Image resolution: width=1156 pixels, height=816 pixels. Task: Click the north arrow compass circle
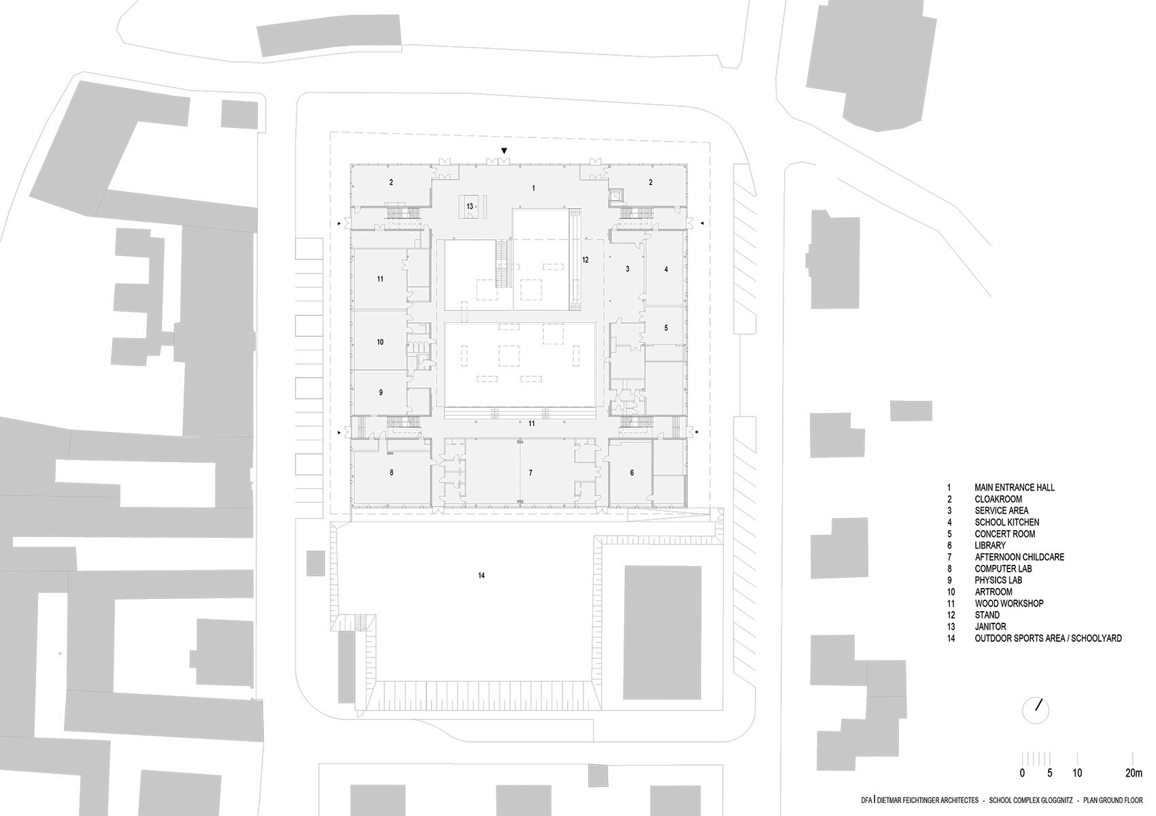1035,711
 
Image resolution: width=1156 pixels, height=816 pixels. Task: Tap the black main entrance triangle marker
504,150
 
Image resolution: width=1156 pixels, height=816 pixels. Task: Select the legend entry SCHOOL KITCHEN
1006,522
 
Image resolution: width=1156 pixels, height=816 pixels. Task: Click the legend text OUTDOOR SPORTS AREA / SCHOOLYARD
1048,638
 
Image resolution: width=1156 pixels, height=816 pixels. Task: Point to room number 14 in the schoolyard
481,576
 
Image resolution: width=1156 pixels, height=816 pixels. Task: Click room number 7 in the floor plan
530,472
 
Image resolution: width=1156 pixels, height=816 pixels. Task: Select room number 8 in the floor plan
392,472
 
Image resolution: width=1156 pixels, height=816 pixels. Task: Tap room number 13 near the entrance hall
469,206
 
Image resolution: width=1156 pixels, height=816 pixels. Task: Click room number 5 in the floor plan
666,328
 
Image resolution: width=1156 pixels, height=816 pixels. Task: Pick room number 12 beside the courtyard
585,260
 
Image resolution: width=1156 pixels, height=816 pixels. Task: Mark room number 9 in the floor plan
381,393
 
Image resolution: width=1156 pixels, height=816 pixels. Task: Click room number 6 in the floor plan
632,472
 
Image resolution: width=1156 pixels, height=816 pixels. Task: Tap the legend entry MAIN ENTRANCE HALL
1014,487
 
